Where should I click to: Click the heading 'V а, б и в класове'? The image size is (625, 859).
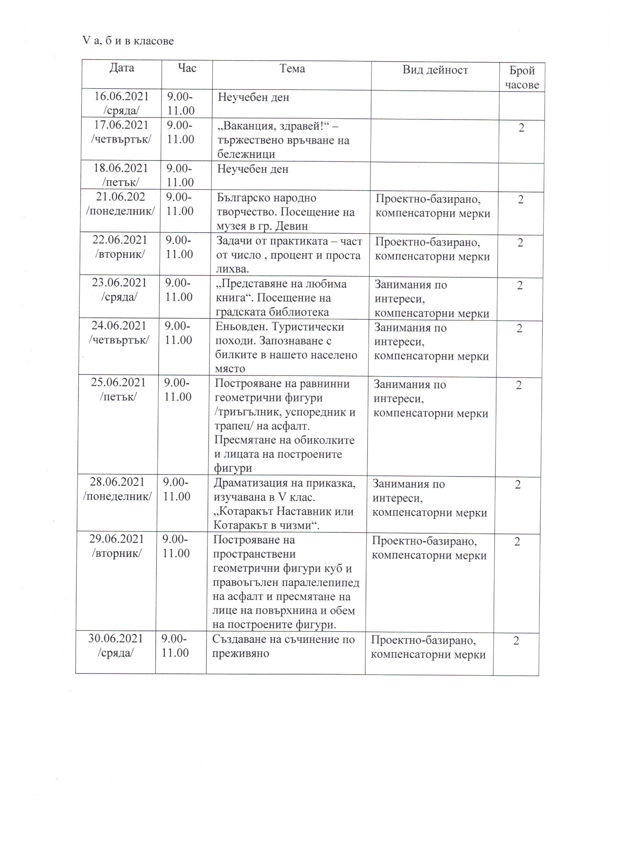(128, 40)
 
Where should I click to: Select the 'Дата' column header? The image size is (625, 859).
(122, 68)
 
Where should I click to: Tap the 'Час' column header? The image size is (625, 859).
(187, 68)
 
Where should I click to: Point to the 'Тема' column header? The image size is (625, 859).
(292, 69)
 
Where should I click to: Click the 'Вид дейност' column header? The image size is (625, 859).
(435, 70)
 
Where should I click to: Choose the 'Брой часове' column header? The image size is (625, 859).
(522, 78)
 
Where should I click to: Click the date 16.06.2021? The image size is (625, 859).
(121, 96)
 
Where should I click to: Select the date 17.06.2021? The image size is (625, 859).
(121, 125)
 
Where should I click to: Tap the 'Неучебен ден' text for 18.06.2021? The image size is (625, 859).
(253, 169)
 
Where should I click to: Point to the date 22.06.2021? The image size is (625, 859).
(120, 240)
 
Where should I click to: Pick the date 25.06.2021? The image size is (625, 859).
(118, 382)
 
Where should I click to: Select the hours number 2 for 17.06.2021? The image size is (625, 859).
(522, 128)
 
